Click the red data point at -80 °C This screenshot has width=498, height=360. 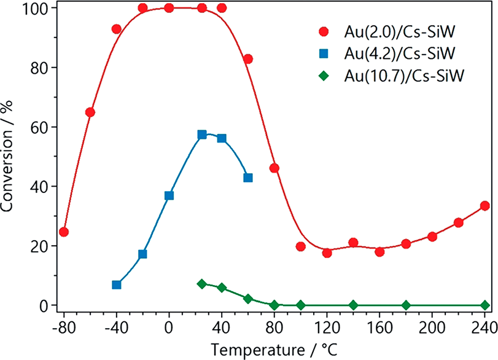[64, 232]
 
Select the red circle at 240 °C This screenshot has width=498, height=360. [484, 206]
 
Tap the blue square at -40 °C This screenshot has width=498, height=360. [117, 284]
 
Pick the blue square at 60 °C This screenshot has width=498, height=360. [248, 178]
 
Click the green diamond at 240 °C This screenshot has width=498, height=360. [484, 305]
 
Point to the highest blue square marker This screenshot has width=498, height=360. [202, 135]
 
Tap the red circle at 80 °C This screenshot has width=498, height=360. [274, 168]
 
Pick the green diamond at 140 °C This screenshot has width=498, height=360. [353, 305]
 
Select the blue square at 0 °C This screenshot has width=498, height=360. [169, 195]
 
